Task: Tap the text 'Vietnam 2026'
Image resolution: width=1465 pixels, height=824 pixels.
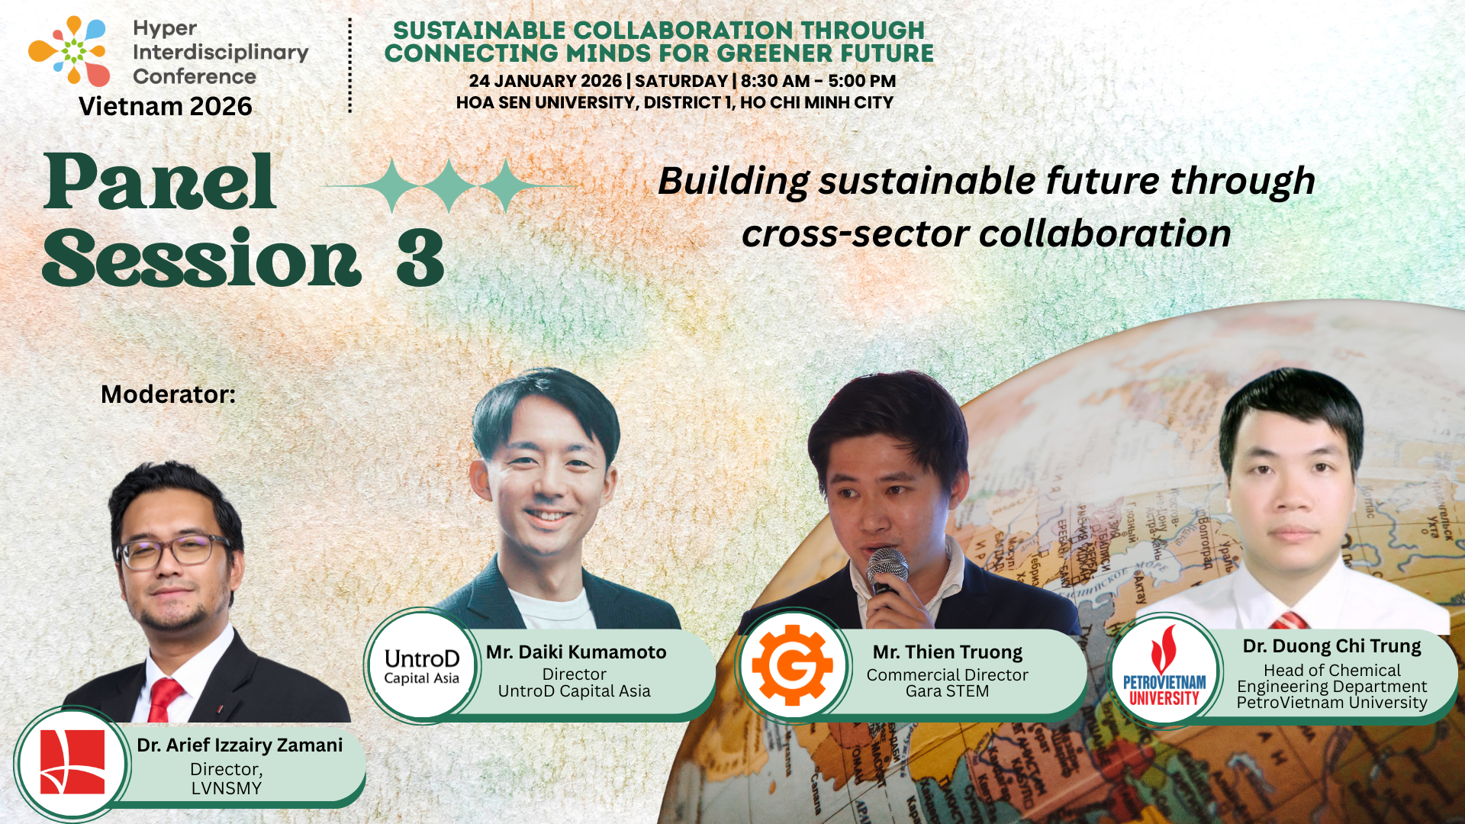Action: (x=165, y=106)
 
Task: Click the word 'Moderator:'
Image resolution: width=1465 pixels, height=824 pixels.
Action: (x=168, y=394)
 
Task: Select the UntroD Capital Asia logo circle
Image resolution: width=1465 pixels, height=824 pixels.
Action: (x=421, y=666)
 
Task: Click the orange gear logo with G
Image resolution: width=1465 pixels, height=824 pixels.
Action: (x=793, y=666)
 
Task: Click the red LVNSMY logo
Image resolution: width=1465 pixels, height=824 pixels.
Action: (x=72, y=763)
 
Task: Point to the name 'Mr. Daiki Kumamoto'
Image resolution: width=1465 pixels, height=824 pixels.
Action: (x=576, y=652)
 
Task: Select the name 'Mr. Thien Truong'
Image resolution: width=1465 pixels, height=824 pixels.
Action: (x=947, y=652)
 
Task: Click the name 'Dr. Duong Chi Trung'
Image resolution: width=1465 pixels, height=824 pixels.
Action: (x=1331, y=646)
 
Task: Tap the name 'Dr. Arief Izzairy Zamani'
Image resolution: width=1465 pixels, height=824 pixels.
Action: (x=240, y=745)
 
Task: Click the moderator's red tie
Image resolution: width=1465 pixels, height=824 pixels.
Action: (x=164, y=698)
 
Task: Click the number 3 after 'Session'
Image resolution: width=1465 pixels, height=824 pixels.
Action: (x=420, y=259)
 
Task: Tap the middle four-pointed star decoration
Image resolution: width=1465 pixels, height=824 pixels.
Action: (x=449, y=185)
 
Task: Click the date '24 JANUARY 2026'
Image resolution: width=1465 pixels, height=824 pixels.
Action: (x=545, y=81)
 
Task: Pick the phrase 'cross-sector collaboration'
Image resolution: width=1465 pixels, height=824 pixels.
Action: (x=986, y=233)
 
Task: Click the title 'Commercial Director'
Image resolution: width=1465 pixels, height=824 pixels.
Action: (x=947, y=675)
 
